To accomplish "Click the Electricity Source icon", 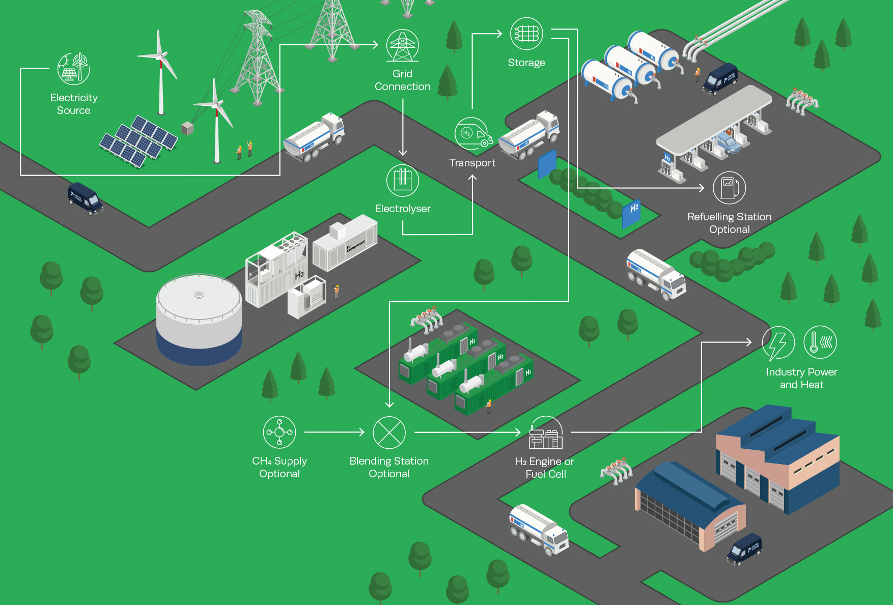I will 74,68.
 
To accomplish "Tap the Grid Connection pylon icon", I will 402,46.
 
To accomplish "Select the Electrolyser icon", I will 402,180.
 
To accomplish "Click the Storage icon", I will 526,34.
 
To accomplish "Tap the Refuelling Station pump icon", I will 729,188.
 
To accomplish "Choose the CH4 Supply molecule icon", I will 280,432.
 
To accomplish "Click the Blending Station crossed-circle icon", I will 389,433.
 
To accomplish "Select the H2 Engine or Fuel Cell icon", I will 545,434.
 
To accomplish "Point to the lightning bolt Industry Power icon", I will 778,343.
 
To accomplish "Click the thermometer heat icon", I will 820,342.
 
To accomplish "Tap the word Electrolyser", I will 402,209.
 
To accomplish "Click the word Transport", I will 472,163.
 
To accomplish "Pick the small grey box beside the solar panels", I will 187,128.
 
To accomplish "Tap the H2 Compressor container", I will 344,242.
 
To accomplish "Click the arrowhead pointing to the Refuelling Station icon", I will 702,188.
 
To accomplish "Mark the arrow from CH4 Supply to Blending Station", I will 334,432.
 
